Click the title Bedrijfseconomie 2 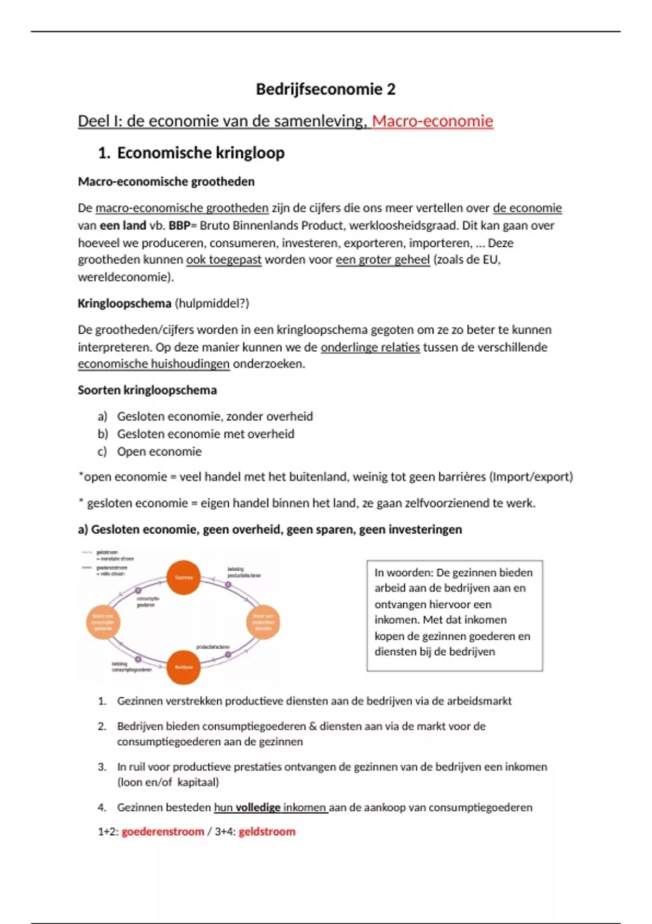325,89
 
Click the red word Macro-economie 432,121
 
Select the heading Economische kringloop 200,153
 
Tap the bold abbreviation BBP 179,226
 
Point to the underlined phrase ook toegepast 224,260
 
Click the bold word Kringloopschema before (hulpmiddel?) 124,303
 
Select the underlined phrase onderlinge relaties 370,347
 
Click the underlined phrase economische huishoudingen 153,364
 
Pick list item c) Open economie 159,452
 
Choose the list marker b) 103,434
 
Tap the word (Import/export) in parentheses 531,477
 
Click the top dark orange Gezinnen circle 184,577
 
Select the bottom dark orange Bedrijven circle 184,667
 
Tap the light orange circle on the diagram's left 103,622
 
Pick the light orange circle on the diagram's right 264,622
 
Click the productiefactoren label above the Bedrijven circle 212,647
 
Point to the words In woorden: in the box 403,573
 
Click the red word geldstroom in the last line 267,832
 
